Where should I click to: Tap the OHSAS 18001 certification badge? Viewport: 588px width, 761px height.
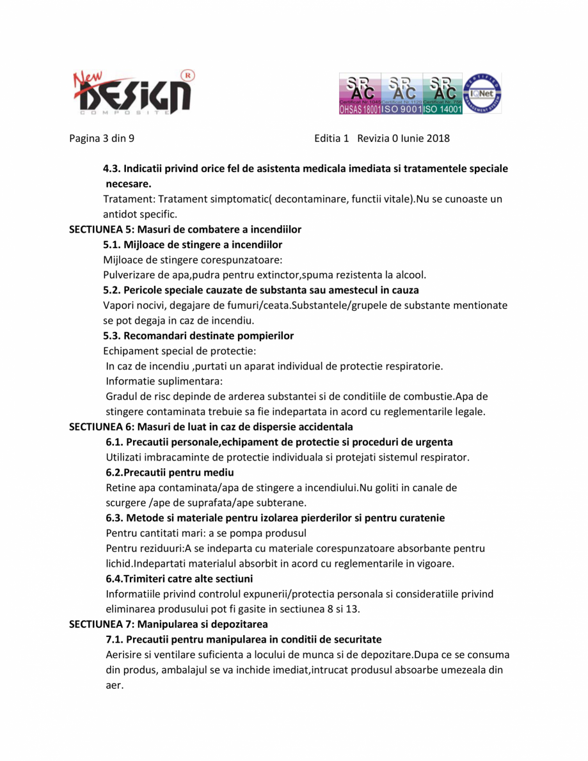(x=360, y=93)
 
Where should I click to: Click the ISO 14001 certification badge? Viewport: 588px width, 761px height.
(x=443, y=93)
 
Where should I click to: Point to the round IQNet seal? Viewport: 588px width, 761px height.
(x=482, y=93)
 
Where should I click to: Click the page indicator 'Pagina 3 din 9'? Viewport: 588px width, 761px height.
(x=102, y=138)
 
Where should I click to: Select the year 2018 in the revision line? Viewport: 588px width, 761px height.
(x=438, y=138)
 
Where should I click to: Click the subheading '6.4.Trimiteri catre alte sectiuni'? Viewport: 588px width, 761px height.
(x=179, y=579)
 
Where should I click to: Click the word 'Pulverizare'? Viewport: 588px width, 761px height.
(x=129, y=275)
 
